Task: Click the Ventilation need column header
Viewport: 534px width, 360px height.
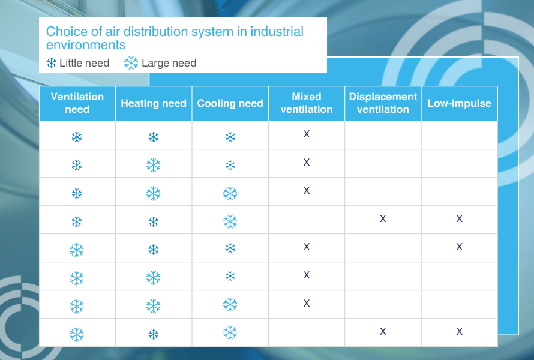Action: [x=77, y=103]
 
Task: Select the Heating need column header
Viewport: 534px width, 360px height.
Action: [x=154, y=103]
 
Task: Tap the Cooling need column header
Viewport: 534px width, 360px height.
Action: [x=230, y=103]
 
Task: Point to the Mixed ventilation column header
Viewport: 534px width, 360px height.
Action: [x=307, y=103]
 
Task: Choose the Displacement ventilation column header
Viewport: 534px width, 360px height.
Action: [x=383, y=103]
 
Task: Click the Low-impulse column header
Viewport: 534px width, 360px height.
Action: [x=460, y=103]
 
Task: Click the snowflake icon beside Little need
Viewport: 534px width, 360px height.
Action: [x=52, y=63]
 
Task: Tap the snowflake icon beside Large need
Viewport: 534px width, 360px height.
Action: [x=131, y=63]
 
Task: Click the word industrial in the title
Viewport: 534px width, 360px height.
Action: [x=277, y=32]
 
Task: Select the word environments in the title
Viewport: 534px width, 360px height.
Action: [x=86, y=45]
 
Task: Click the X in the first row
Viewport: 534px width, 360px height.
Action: [x=307, y=134]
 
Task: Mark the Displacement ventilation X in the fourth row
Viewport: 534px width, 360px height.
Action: [x=383, y=218]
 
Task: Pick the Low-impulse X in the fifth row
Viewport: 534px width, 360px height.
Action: [x=460, y=247]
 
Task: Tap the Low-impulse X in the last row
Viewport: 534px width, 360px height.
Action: [x=460, y=331]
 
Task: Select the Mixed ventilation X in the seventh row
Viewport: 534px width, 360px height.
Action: [x=307, y=303]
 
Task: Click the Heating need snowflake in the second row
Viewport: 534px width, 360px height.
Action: [x=154, y=165]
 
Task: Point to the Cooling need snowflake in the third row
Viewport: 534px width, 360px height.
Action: [x=230, y=193]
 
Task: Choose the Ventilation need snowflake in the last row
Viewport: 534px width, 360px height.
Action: [x=77, y=335]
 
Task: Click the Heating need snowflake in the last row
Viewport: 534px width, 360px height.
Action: [x=154, y=334]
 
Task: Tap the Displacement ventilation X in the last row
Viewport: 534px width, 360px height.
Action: [x=383, y=331]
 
